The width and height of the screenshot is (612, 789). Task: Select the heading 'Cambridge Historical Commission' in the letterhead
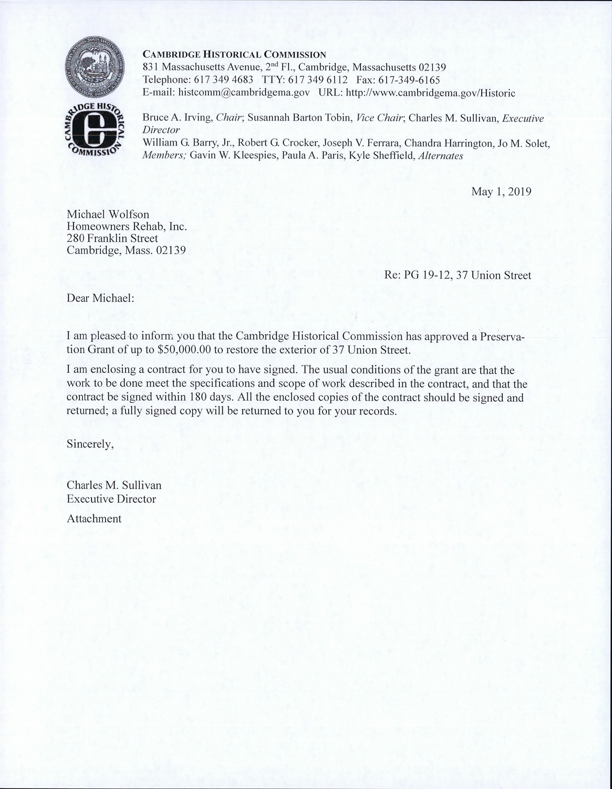point(235,54)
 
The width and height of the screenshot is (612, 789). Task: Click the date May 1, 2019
point(501,191)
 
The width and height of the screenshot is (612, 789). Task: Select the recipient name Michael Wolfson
point(108,214)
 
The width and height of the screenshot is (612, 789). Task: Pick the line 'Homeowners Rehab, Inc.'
point(127,226)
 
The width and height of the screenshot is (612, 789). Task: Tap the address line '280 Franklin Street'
point(112,238)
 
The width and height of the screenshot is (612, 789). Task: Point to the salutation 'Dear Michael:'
point(100,298)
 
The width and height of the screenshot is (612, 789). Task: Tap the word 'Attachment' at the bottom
point(94,519)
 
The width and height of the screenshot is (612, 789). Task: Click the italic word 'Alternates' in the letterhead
point(441,156)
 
